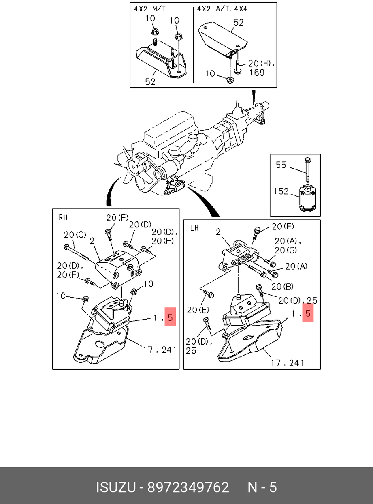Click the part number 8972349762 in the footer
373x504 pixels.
click(188, 487)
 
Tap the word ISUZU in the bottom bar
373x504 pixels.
click(116, 487)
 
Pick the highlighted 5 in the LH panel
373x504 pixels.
click(308, 313)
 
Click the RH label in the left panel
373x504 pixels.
click(63, 217)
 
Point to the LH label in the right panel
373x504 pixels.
click(194, 228)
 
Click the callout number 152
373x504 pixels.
click(281, 191)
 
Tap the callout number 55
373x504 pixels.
click(281, 165)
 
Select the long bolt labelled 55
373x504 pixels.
click(307, 170)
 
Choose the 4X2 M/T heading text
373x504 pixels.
click(150, 9)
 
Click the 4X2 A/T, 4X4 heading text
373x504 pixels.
click(222, 9)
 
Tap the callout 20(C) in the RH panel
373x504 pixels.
click(75, 234)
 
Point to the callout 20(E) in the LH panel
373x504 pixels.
click(198, 310)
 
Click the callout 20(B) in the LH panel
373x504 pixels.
click(282, 287)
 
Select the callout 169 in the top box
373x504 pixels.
click(257, 73)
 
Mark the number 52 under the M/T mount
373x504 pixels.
click(150, 82)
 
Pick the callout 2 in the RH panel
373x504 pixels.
click(92, 241)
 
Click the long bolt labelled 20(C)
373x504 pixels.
click(76, 253)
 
